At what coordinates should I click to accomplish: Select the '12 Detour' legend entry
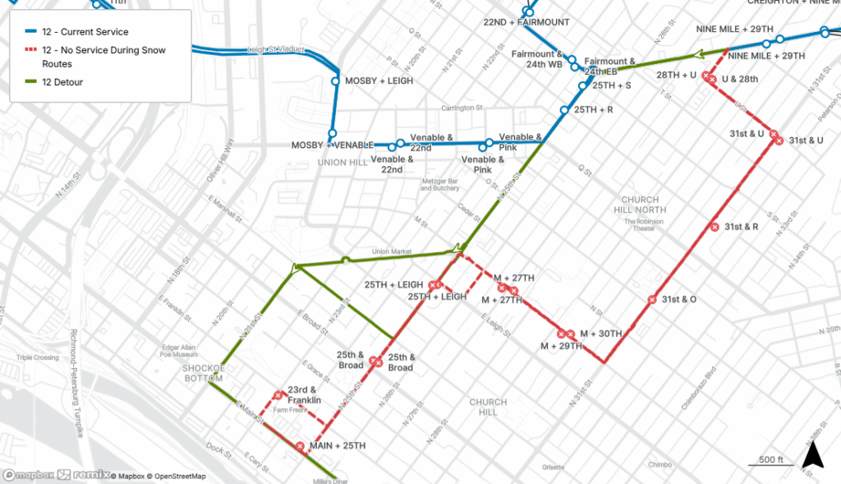[x=62, y=82]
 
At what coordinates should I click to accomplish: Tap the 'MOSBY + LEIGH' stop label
[x=379, y=81]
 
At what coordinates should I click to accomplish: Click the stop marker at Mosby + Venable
[x=333, y=134]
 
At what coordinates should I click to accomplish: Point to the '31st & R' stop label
[x=741, y=226]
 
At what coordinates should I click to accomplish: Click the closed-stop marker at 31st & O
[x=652, y=300]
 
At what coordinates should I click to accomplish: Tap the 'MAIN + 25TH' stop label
[x=338, y=446]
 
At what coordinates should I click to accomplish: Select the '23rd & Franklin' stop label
[x=304, y=395]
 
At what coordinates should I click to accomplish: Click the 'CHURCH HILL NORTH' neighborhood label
[x=640, y=205]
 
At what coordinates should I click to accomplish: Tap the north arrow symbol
[x=811, y=454]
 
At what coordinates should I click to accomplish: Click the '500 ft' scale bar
[x=770, y=461]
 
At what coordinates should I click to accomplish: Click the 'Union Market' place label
[x=391, y=251]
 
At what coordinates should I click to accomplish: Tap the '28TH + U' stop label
[x=677, y=76]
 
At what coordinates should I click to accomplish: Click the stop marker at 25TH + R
[x=564, y=110]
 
